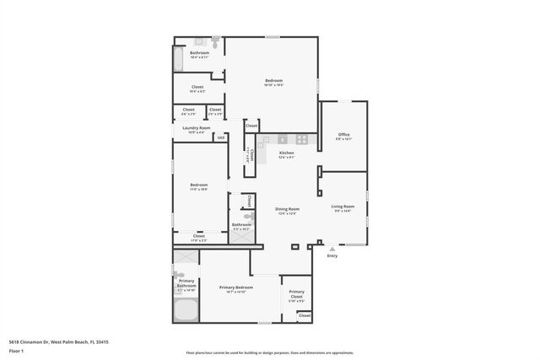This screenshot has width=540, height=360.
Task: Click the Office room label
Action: click(x=343, y=135)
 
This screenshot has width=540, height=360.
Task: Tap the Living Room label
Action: click(x=343, y=207)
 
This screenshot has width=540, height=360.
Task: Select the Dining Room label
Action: click(x=288, y=209)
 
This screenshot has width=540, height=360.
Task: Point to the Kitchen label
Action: click(x=287, y=153)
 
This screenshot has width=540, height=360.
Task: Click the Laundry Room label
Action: click(x=196, y=128)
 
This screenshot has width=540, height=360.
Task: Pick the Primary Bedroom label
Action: click(x=232, y=289)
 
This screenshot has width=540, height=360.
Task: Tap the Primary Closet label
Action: click(x=297, y=294)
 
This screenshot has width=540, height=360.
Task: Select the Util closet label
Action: click(x=221, y=137)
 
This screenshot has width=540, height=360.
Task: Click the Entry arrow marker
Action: click(x=332, y=250)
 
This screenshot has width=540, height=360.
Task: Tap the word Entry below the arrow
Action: click(x=332, y=256)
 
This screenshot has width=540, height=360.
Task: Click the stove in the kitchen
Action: click(x=300, y=139)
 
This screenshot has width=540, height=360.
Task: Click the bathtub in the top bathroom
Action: click(x=178, y=60)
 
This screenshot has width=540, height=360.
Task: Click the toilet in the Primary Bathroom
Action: click(x=179, y=274)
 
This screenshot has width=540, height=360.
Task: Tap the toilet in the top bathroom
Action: click(x=216, y=41)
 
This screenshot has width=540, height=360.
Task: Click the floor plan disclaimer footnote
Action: click(x=271, y=353)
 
